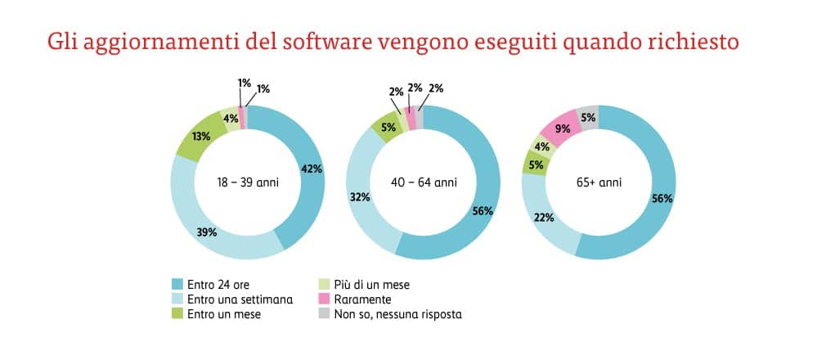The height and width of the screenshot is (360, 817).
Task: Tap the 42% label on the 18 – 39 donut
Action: (x=311, y=169)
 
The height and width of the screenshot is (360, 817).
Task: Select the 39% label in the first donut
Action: (x=206, y=232)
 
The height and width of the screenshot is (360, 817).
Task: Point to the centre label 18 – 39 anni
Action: (x=248, y=182)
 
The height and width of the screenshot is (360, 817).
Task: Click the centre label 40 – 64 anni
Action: (x=424, y=182)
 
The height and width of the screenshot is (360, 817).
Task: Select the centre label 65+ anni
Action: (x=599, y=182)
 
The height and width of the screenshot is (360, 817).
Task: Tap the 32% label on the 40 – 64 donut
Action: (x=361, y=196)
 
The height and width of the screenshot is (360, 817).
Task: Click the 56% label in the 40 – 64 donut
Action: (x=483, y=210)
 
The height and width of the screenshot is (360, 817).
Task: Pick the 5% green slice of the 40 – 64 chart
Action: (x=388, y=127)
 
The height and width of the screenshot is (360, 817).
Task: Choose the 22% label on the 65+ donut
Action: (x=545, y=218)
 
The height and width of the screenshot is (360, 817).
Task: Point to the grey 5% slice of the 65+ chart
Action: (x=587, y=117)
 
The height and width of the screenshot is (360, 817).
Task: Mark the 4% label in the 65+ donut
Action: (x=541, y=147)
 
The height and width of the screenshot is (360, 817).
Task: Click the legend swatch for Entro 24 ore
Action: (x=177, y=285)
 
